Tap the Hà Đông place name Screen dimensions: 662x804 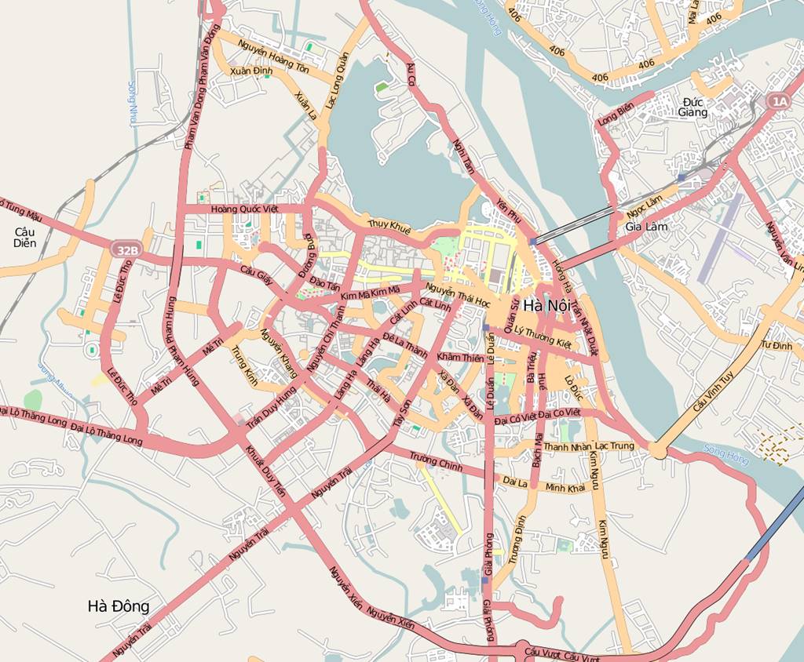(x=119, y=606)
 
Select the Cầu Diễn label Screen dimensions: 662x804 (x=25, y=237)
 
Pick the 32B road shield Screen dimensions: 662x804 (x=125, y=250)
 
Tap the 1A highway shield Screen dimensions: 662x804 (x=777, y=101)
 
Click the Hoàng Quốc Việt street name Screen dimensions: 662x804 (x=245, y=209)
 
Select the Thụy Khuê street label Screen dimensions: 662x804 (x=389, y=227)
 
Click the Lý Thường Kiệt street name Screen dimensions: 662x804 (x=543, y=336)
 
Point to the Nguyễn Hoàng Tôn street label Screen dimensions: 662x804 (x=274, y=60)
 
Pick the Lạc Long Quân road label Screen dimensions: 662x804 (x=338, y=78)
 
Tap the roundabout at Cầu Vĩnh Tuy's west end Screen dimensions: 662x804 (x=658, y=450)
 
